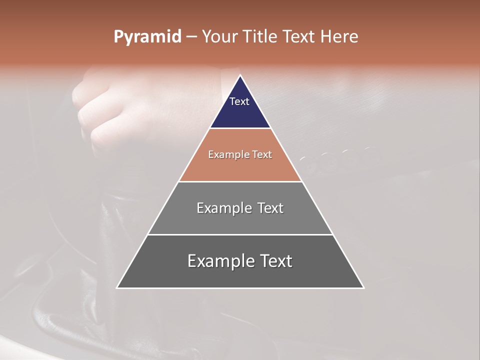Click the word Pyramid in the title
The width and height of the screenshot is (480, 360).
tap(147, 37)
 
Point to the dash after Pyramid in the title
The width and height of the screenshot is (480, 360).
tap(191, 37)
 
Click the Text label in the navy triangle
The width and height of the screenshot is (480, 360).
tap(239, 101)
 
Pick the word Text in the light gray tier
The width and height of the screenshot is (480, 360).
tap(270, 208)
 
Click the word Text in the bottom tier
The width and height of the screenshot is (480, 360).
tap(275, 261)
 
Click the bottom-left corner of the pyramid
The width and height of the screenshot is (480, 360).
tap(117, 287)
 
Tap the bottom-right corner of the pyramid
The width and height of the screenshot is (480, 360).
tap(363, 287)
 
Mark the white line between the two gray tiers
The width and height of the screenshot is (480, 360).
tap(240, 234)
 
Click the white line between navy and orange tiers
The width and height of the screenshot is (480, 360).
tap(240, 128)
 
